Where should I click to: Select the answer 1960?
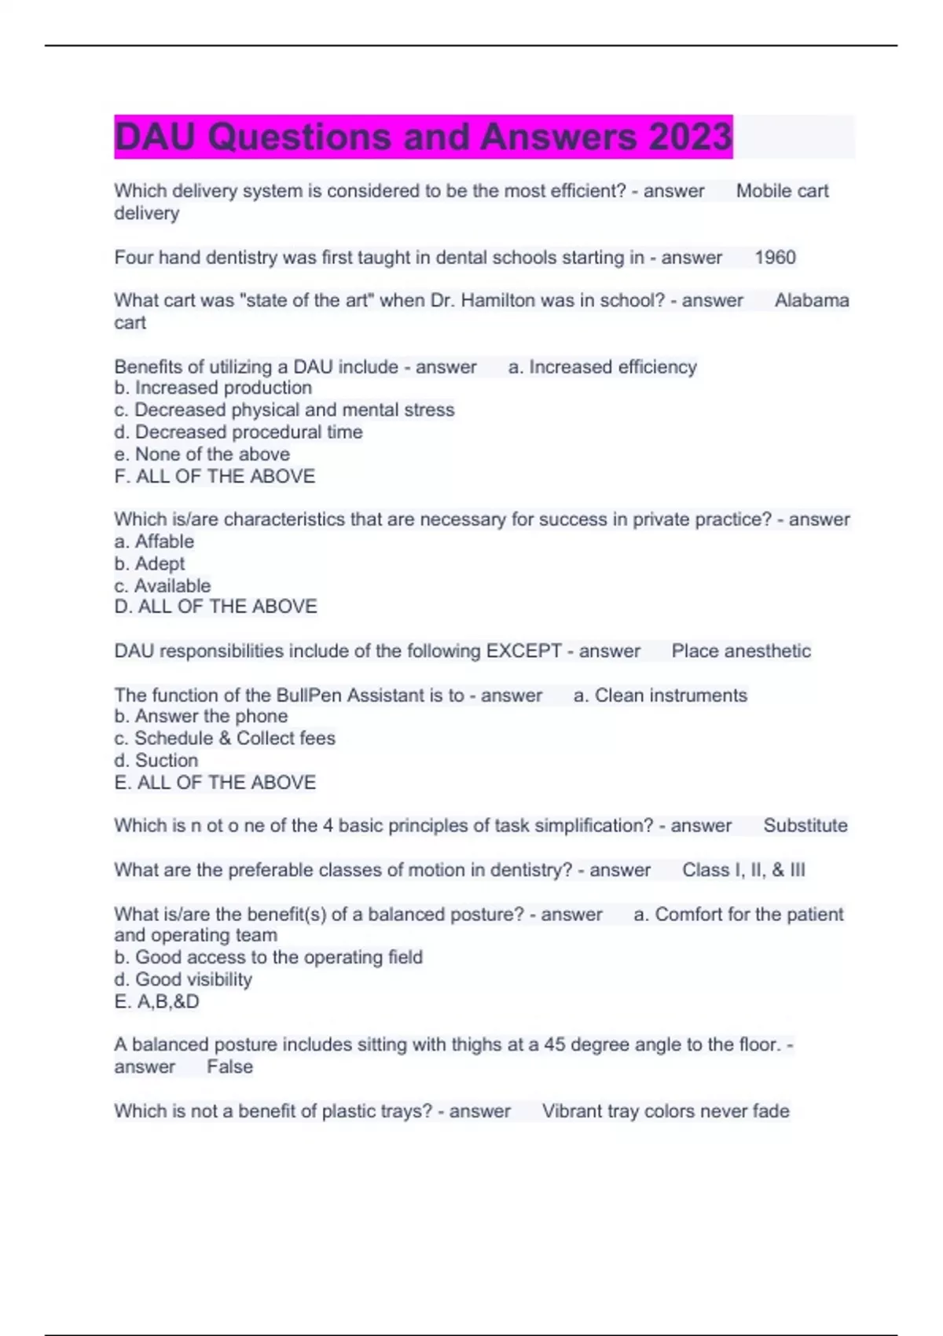775,258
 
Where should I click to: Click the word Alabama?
811,300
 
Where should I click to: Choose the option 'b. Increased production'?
213,388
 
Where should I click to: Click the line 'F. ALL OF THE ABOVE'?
215,476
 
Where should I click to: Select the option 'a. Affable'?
154,541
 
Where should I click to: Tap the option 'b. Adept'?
149,563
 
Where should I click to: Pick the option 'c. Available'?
163,585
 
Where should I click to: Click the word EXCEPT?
523,651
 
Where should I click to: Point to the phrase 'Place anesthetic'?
741,651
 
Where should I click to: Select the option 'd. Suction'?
156,761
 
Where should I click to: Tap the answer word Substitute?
805,826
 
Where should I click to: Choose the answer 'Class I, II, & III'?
743,870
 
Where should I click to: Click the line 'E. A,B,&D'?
156,1002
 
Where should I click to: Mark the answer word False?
229,1067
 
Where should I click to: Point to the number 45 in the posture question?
554,1045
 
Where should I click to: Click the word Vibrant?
571,1111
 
